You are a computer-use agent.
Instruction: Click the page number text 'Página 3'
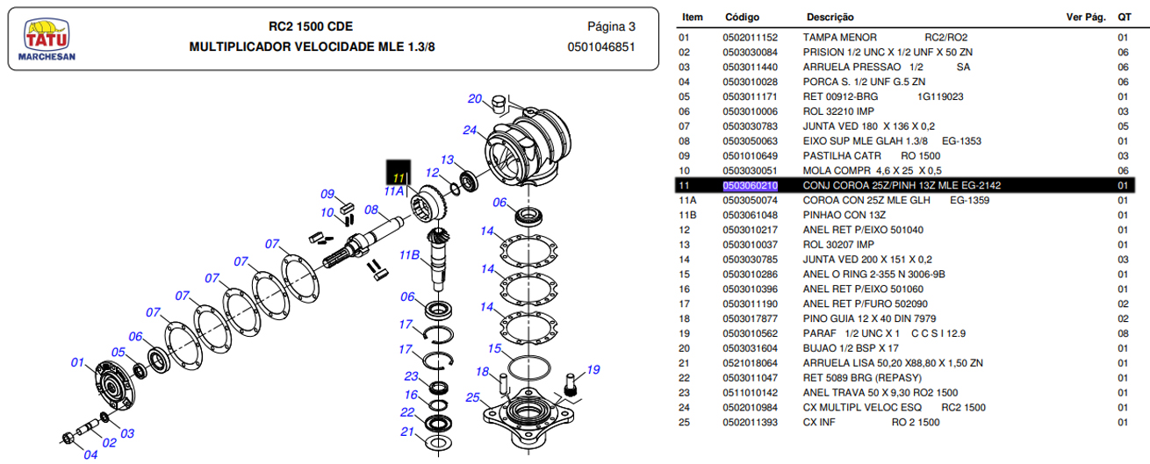click(611, 26)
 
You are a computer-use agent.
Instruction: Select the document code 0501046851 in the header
click(601, 47)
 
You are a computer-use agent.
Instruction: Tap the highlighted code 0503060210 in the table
click(750, 185)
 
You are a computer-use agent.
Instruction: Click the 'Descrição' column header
click(830, 17)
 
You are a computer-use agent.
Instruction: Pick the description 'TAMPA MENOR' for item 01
click(840, 38)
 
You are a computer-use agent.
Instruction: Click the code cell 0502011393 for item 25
click(750, 423)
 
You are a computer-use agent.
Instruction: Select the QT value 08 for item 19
click(1123, 334)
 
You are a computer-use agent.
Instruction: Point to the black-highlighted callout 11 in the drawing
click(399, 172)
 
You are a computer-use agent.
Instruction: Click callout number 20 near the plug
click(475, 98)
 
